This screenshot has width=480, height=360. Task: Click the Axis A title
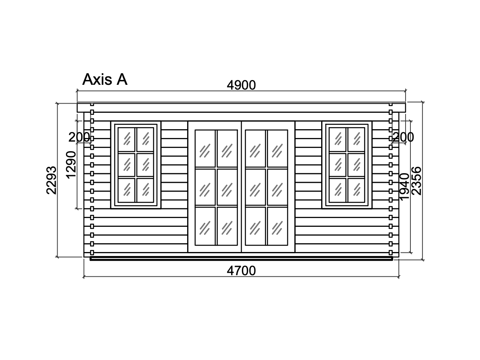pyautogui.click(x=105, y=79)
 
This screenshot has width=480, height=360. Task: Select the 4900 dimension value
pyautogui.click(x=241, y=85)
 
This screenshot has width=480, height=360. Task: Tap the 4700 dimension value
pyautogui.click(x=241, y=271)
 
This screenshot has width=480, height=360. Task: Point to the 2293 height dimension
pyautogui.click(x=51, y=180)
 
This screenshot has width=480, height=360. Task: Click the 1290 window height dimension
pyautogui.click(x=71, y=165)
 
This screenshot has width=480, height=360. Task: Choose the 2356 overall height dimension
pyautogui.click(x=416, y=181)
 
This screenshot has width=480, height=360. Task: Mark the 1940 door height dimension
pyautogui.click(x=404, y=186)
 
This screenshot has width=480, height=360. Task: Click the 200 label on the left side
pyautogui.click(x=79, y=137)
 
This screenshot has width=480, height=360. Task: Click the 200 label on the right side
pyautogui.click(x=404, y=137)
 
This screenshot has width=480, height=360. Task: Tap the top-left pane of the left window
pyautogui.click(x=126, y=140)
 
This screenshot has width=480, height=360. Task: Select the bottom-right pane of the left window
pyautogui.click(x=145, y=190)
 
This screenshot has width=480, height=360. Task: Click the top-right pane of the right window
pyautogui.click(x=356, y=140)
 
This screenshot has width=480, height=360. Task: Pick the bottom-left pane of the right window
pyautogui.click(x=338, y=190)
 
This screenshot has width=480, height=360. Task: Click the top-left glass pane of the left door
pyautogui.click(x=205, y=148)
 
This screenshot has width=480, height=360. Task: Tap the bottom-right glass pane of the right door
pyautogui.click(x=278, y=226)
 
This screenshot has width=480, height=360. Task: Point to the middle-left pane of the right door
pyautogui.click(x=256, y=187)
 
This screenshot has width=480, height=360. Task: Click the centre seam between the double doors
pyautogui.click(x=242, y=187)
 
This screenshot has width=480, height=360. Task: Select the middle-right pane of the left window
pyautogui.click(x=145, y=165)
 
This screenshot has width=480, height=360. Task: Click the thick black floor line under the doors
pyautogui.click(x=242, y=259)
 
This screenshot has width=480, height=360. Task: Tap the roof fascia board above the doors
pyautogui.click(x=242, y=108)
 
